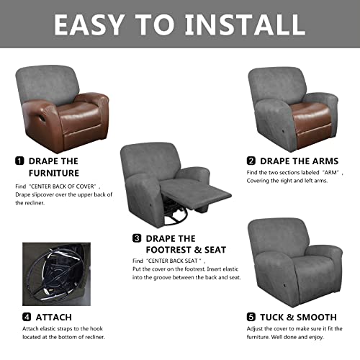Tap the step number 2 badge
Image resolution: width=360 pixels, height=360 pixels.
click(x=251, y=161)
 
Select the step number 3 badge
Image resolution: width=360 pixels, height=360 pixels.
click(x=137, y=238)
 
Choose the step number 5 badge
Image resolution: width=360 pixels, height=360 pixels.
click(x=251, y=316)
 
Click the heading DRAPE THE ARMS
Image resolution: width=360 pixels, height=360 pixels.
click(x=298, y=161)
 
